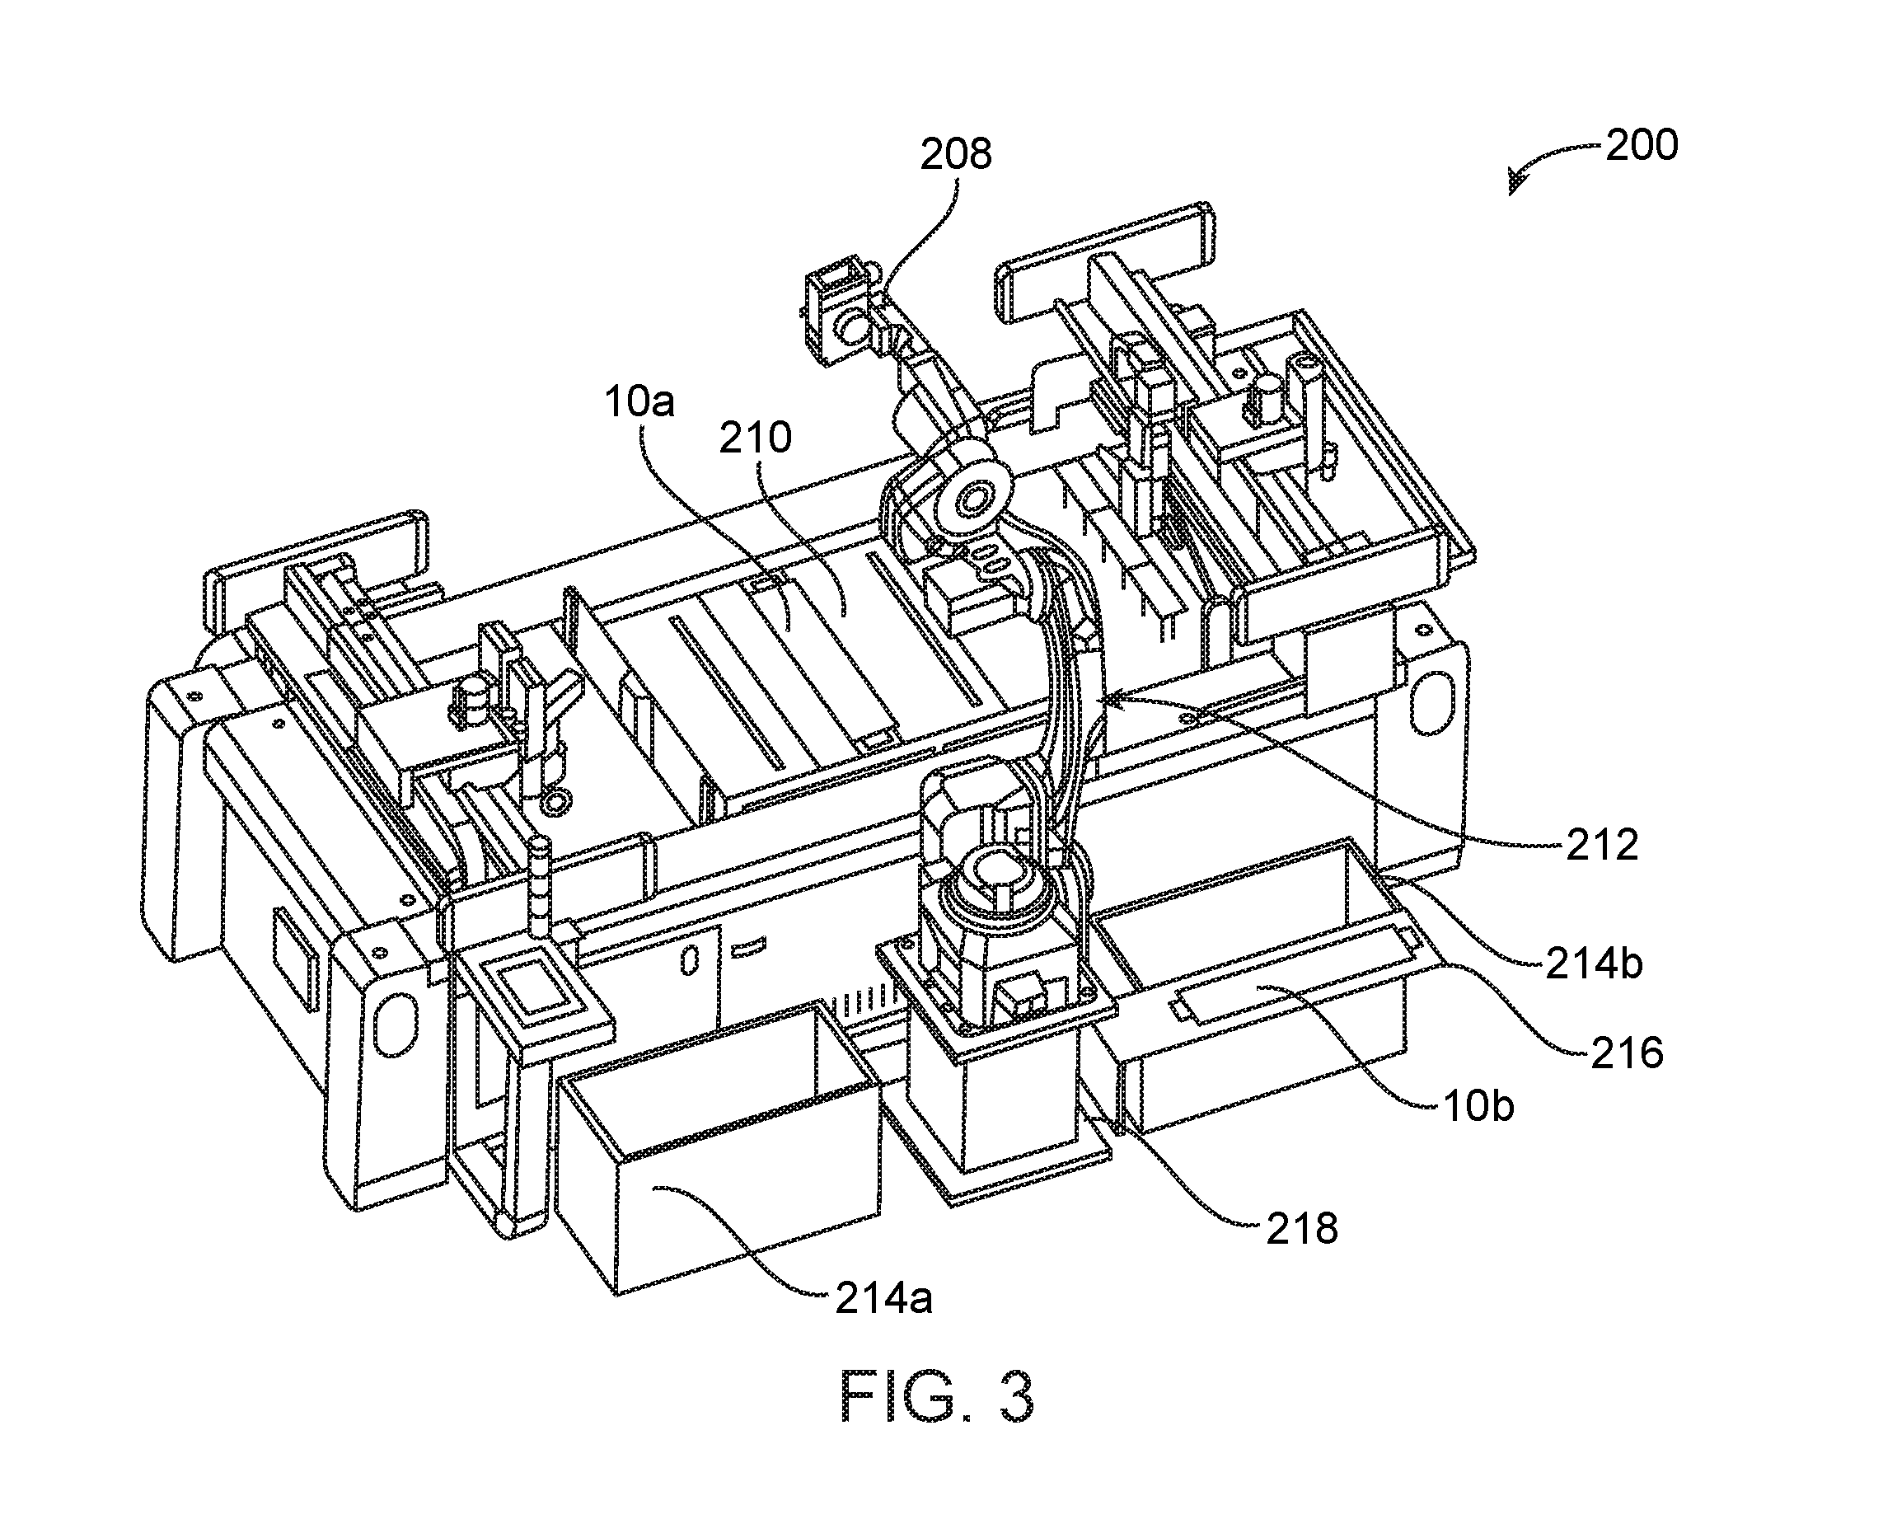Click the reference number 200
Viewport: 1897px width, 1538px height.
pos(1642,145)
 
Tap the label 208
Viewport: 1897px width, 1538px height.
pos(956,154)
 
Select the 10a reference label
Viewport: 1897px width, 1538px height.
pos(639,401)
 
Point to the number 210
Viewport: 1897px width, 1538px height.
pos(755,438)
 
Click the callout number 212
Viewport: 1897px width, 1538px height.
pos(1602,845)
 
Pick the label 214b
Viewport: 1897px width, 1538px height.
pos(1594,963)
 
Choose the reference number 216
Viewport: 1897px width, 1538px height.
pos(1627,1053)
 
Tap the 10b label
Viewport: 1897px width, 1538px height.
pos(1478,1105)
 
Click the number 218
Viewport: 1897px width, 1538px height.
pos(1301,1229)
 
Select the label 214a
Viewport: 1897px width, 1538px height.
pos(884,1300)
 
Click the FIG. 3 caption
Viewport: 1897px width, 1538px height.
pos(936,1397)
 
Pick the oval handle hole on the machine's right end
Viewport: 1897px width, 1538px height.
pos(1431,702)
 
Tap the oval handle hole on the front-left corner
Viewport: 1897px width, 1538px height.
pos(396,1025)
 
